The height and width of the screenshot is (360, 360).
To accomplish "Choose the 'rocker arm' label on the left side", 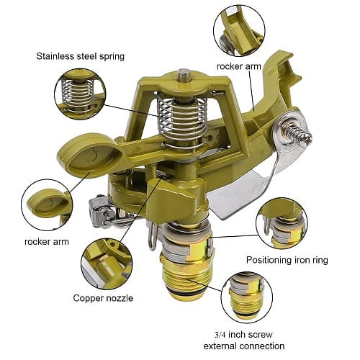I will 46,241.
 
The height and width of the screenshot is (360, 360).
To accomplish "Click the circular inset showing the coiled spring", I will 80,94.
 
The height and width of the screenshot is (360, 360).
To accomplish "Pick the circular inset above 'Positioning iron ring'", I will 281,223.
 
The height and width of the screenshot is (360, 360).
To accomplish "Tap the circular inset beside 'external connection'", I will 247,297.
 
